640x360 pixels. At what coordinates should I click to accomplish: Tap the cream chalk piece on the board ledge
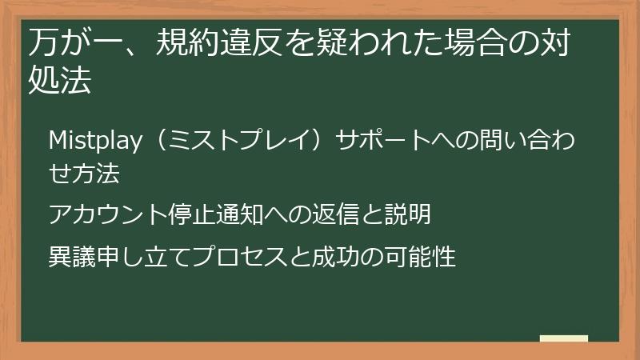coord(563,338)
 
